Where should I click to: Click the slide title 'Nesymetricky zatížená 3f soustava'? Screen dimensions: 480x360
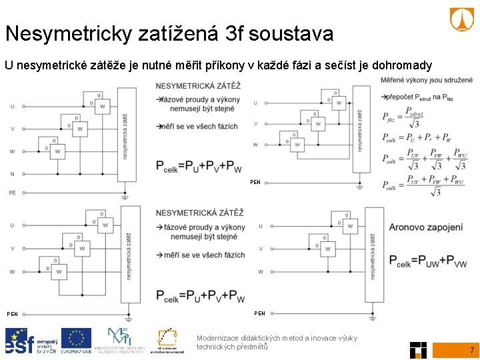coord(169,33)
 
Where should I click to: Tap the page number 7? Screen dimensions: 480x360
coord(471,350)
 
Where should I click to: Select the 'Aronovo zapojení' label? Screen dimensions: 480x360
coord(425,227)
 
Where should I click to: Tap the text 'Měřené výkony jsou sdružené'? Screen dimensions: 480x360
coord(427,81)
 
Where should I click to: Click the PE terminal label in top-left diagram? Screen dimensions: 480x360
coord(12,193)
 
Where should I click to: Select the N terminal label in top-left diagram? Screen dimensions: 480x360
coord(12,174)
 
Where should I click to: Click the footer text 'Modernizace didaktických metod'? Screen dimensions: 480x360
coord(277,338)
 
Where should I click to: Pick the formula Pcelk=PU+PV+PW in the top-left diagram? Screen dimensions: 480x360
coord(199,166)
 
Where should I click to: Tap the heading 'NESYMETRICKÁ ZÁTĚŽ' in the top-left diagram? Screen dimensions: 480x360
coord(199,86)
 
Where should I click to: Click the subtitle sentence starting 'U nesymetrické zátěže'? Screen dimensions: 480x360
coord(218,65)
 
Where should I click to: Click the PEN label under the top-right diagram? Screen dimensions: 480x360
coord(255,182)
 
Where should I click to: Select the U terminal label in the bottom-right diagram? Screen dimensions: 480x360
coord(260,226)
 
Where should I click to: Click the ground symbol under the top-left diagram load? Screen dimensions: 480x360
coord(125,197)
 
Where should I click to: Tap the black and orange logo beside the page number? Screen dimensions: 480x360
coord(418,349)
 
